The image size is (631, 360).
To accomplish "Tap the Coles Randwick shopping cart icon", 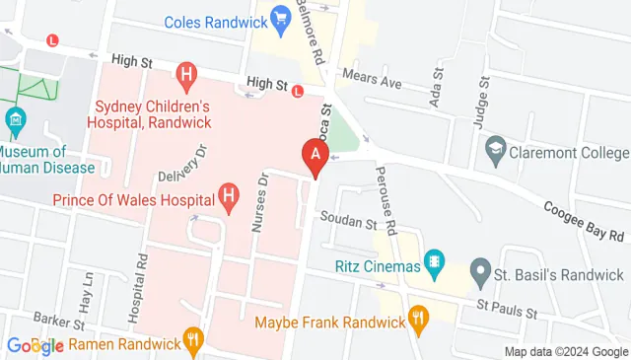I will [x=280, y=18].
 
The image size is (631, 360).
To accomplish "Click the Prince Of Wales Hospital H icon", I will [x=230, y=197].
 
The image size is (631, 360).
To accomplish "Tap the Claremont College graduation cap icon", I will [x=495, y=153].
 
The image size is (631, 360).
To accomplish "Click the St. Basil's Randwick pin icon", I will [x=480, y=269].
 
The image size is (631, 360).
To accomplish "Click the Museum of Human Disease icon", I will [x=15, y=123].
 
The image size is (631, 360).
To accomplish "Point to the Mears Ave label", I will [x=372, y=79].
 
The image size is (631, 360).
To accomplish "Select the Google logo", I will [x=35, y=345].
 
